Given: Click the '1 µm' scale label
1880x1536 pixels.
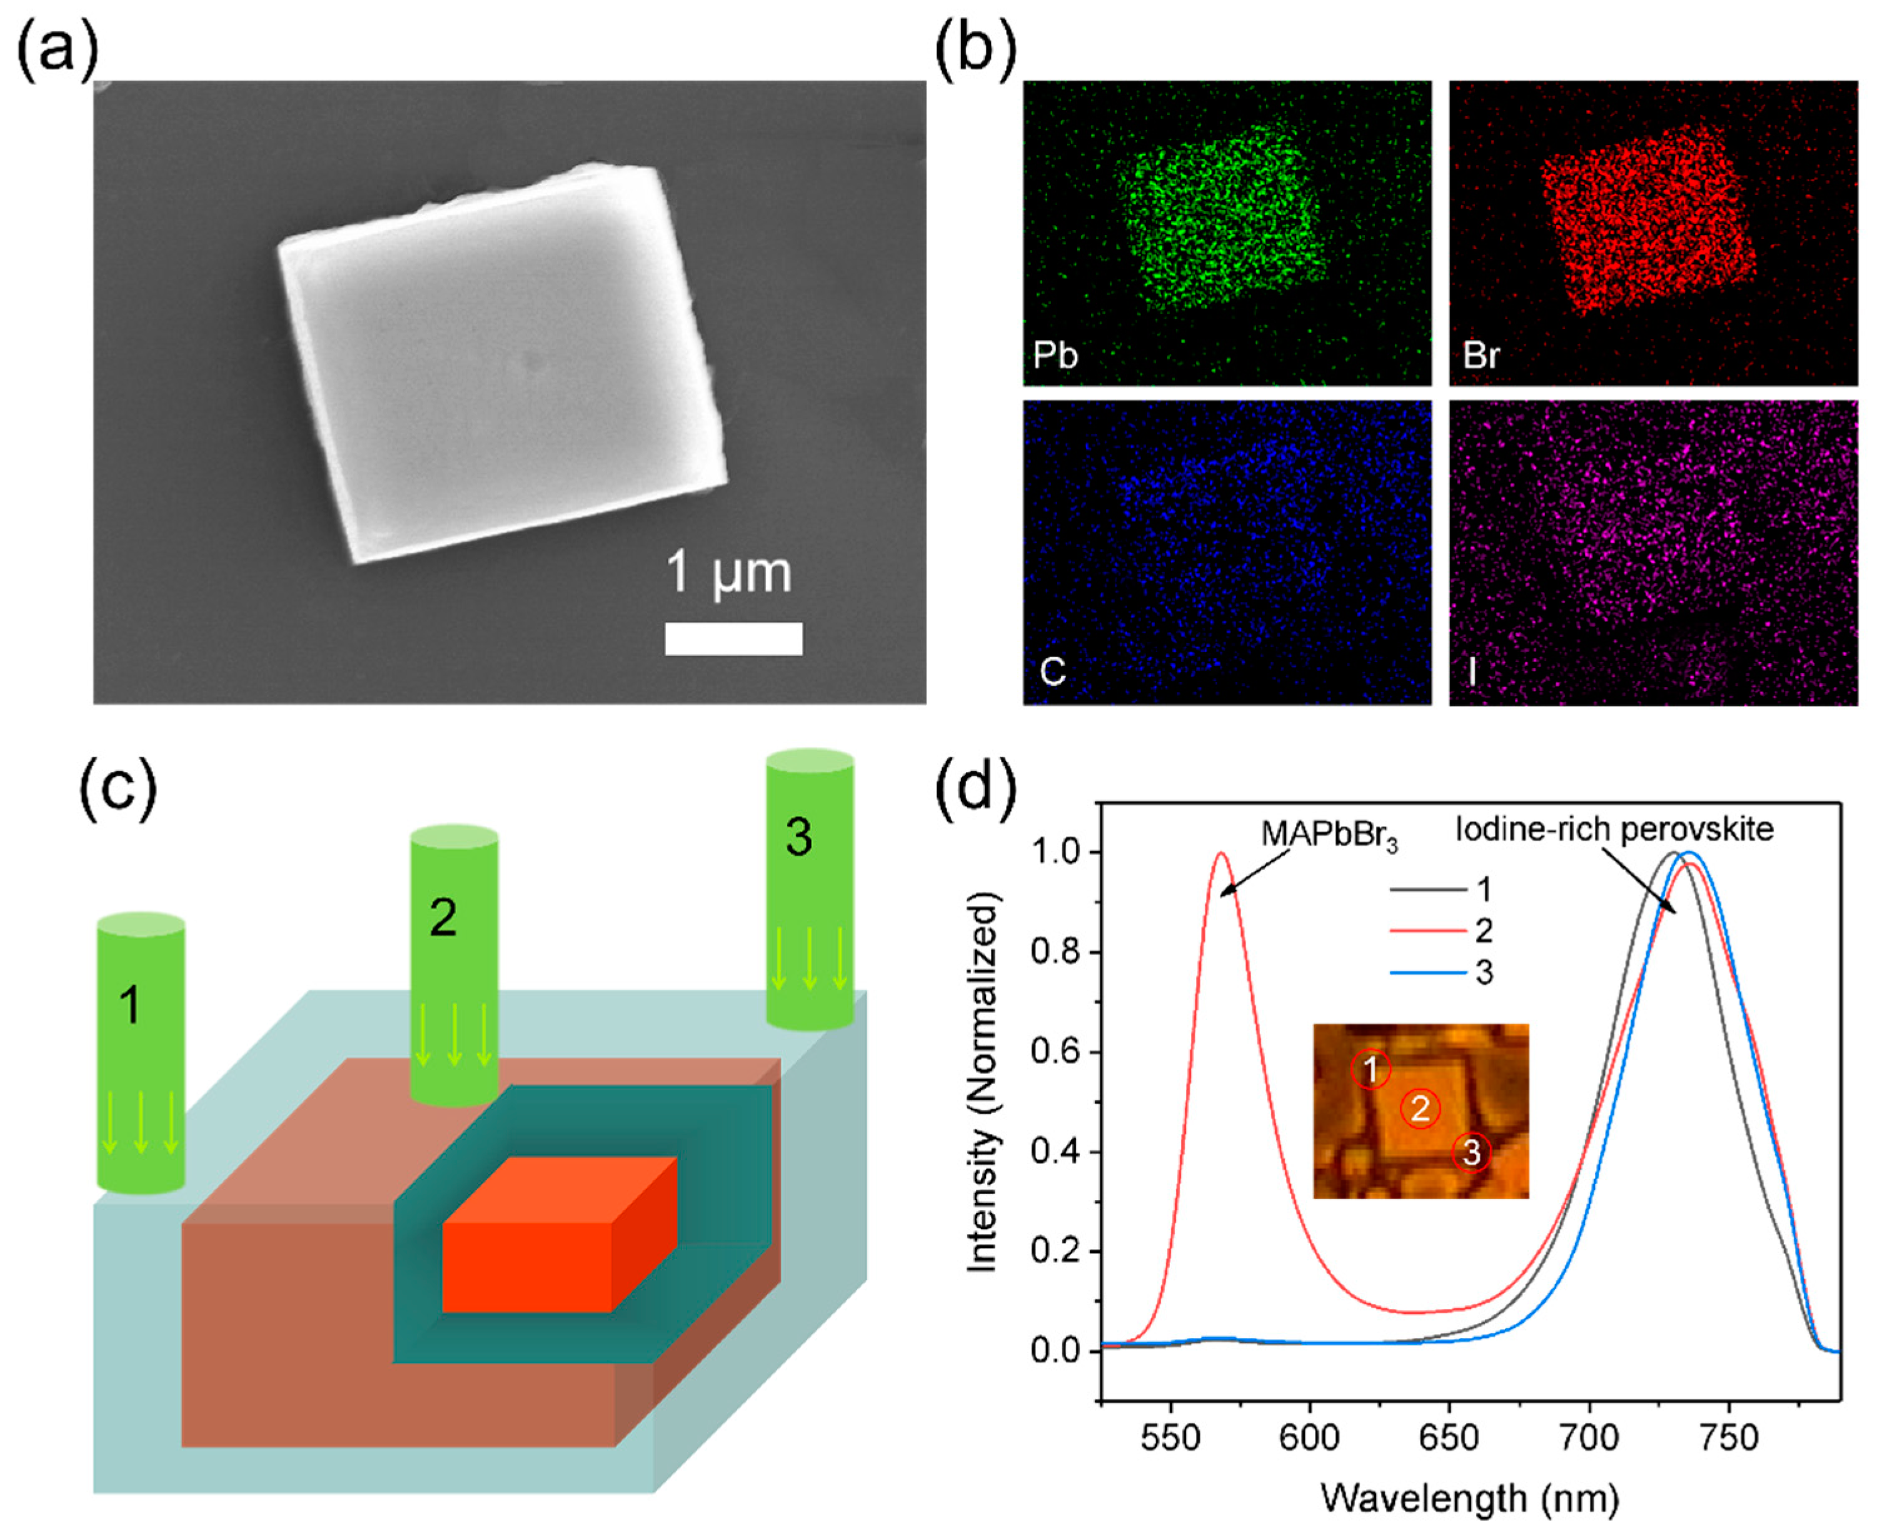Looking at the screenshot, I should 729,573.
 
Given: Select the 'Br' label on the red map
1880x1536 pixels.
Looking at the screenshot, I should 1482,356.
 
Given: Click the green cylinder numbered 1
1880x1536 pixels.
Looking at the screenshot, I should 141,1053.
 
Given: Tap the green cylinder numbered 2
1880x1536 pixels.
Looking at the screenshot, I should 454,965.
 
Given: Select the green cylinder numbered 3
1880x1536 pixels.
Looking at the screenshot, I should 810,889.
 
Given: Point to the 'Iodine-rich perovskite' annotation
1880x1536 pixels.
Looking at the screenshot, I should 1614,829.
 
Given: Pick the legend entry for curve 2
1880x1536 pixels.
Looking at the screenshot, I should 1442,931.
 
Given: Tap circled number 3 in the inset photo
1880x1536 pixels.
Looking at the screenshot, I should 1471,1153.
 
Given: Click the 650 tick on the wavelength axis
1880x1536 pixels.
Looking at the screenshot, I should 1449,1438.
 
